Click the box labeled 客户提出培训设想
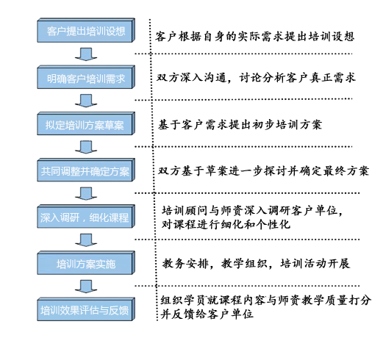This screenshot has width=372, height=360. pyautogui.click(x=86, y=30)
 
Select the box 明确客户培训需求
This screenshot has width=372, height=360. pyautogui.click(x=86, y=77)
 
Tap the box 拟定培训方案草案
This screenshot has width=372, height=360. pyautogui.click(x=86, y=123)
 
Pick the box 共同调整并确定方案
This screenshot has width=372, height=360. pyautogui.click(x=86, y=170)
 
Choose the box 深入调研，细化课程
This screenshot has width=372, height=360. pyautogui.click(x=86, y=216)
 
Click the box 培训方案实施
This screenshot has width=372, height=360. pyautogui.click(x=86, y=263)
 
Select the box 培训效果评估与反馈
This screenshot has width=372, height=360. pyautogui.click(x=86, y=309)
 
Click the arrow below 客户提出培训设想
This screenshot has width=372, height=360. pyautogui.click(x=86, y=54)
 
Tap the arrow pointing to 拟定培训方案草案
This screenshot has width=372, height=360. pyautogui.click(x=86, y=101)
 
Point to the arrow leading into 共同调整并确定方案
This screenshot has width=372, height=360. pyautogui.click(x=86, y=147)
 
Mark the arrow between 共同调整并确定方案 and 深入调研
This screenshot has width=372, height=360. pyautogui.click(x=86, y=193)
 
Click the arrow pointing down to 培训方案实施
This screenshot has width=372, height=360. pyautogui.click(x=86, y=240)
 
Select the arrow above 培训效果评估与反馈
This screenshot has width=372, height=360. pyautogui.click(x=86, y=287)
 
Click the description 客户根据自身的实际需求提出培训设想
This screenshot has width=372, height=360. pyautogui.click(x=255, y=37)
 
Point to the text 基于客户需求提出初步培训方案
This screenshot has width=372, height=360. pyautogui.click(x=240, y=125)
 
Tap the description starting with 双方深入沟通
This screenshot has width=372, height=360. pyautogui.click(x=256, y=78)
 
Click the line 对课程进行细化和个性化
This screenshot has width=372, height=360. pyautogui.click(x=226, y=224)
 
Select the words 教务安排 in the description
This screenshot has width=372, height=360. pyautogui.click(x=185, y=264)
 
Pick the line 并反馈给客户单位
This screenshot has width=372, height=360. pyautogui.click(x=207, y=314)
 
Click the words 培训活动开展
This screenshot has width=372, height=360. pyautogui.click(x=315, y=264)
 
